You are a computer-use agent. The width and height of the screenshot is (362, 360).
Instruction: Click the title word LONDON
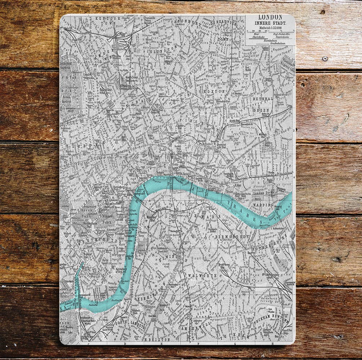(x=270, y=17)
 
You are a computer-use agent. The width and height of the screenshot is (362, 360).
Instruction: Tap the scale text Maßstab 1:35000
(x=270, y=29)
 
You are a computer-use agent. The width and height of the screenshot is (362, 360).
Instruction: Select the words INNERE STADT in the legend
(x=270, y=23)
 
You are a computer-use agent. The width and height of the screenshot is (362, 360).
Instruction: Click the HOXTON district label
(x=214, y=92)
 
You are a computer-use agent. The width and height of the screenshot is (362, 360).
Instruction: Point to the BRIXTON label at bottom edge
(x=157, y=339)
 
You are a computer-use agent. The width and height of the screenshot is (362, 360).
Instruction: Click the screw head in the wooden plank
(x=325, y=58)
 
